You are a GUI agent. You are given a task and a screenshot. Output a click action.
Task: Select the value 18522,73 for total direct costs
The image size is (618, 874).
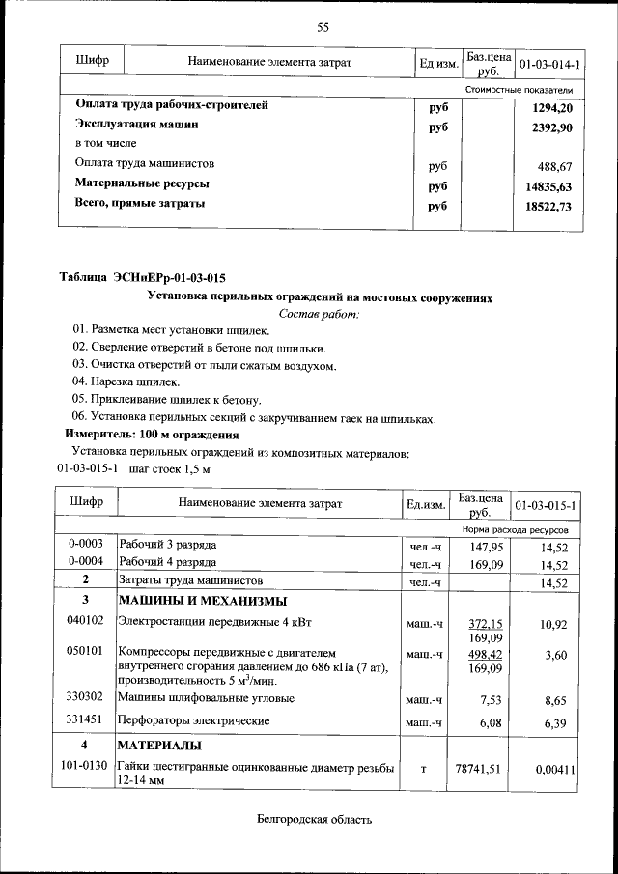coord(546,207)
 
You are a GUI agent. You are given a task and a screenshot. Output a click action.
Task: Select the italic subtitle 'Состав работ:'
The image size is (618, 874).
coord(318,314)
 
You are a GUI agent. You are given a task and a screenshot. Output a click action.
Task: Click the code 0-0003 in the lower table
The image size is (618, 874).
coord(86,545)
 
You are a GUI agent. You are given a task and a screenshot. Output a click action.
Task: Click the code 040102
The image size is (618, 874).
coord(86,623)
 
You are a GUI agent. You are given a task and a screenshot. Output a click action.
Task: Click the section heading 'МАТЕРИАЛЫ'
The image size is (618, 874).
coord(160,747)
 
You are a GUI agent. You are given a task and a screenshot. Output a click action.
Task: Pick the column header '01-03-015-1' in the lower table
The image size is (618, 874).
coord(547,505)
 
